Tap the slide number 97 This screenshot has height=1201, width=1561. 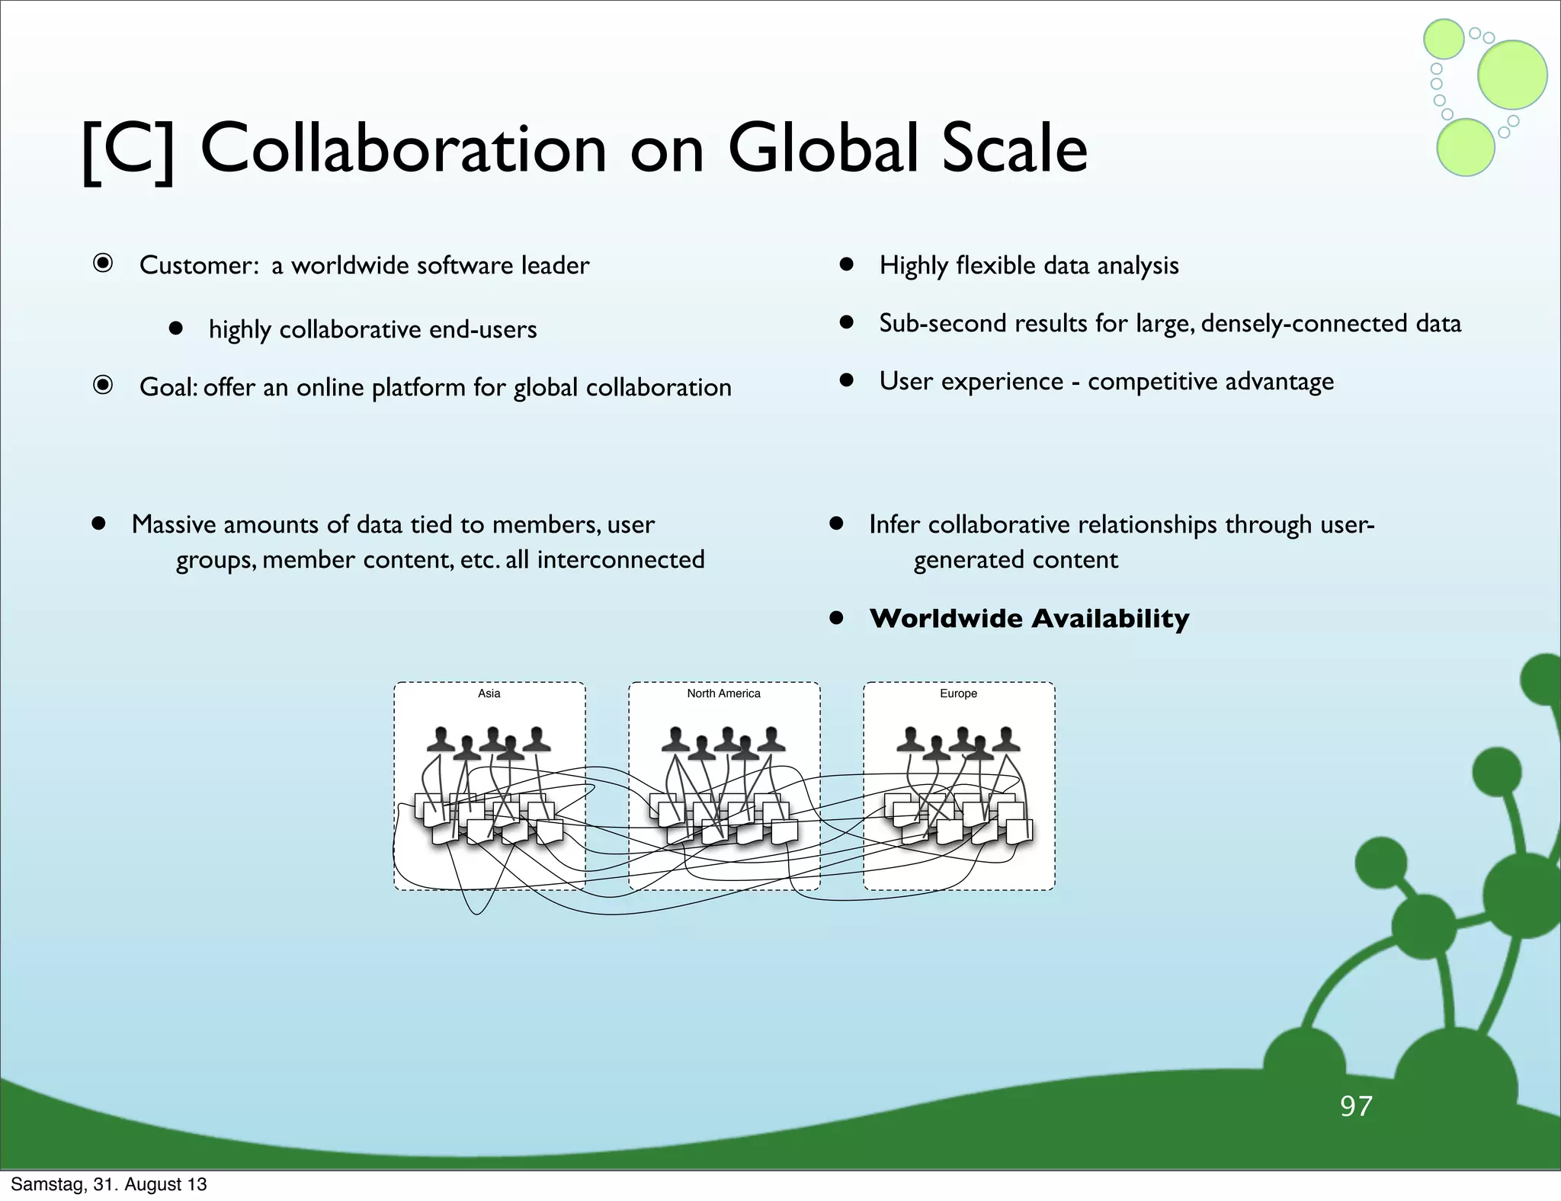tap(1356, 1107)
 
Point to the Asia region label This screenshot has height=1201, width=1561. tap(489, 693)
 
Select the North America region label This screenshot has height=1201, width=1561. tap(723, 693)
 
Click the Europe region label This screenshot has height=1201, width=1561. tap(958, 693)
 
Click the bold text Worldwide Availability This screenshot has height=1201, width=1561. tap(1029, 618)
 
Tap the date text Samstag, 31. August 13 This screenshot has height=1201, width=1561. tap(109, 1184)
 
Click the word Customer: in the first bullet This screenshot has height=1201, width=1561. tap(200, 265)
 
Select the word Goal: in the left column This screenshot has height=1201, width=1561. tap(168, 387)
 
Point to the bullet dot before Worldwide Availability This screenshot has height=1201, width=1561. tap(836, 618)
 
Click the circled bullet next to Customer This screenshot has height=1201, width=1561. tap(103, 264)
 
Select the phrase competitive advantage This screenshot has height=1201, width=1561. tap(1210, 381)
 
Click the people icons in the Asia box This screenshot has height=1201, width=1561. tap(489, 742)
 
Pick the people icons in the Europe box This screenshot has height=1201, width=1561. tap(958, 742)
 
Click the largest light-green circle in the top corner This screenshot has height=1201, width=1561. tap(1511, 75)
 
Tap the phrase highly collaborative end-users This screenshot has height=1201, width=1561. tap(373, 329)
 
